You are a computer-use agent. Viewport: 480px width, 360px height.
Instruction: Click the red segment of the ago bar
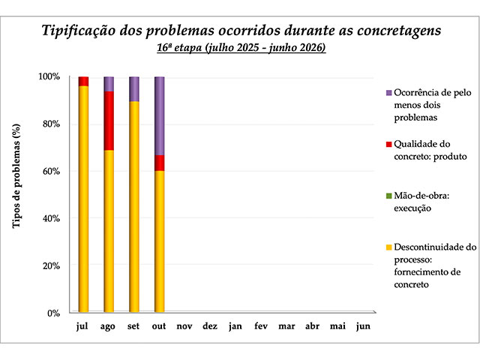[x=109, y=121]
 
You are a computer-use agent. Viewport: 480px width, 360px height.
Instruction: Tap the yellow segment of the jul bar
[x=83, y=199]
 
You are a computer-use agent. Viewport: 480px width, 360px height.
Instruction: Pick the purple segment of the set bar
[x=134, y=88]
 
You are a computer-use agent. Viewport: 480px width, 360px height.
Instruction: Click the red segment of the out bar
[x=159, y=163]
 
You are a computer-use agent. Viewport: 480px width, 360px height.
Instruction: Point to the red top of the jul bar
[x=83, y=81]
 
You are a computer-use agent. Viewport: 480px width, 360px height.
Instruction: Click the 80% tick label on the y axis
[x=49, y=124]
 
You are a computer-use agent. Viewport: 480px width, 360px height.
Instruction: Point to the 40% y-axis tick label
[x=49, y=218]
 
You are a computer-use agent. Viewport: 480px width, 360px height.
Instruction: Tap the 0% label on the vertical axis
[x=52, y=313]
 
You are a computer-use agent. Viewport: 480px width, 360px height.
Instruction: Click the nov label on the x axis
[x=184, y=327]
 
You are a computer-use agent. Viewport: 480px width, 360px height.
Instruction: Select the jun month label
[x=362, y=327]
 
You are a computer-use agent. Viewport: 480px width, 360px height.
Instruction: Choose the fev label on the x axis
[x=261, y=327]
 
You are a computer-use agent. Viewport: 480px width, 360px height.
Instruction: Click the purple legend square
[x=388, y=93]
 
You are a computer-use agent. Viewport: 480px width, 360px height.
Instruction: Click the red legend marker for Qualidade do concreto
[x=388, y=145]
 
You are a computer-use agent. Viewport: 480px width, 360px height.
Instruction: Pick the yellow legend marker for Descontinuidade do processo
[x=388, y=247]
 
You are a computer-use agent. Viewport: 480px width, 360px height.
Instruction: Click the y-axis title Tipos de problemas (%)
[x=16, y=194]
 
